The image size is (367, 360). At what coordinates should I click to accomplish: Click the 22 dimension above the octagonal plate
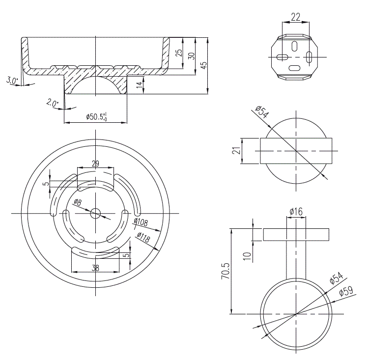click(295, 16)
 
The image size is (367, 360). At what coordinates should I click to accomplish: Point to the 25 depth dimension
click(179, 52)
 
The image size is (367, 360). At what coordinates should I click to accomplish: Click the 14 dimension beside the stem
click(140, 84)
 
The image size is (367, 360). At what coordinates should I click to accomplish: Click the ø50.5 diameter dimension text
click(96, 117)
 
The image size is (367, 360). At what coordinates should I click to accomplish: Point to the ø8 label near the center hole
click(78, 202)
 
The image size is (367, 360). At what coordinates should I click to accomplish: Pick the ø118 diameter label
click(143, 238)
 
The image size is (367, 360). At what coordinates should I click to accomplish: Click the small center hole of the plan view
click(95, 213)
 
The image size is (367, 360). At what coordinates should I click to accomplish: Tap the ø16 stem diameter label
click(296, 212)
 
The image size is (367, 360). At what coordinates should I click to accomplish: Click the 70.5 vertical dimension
click(225, 271)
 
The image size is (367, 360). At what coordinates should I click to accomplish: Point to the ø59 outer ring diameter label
click(346, 292)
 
